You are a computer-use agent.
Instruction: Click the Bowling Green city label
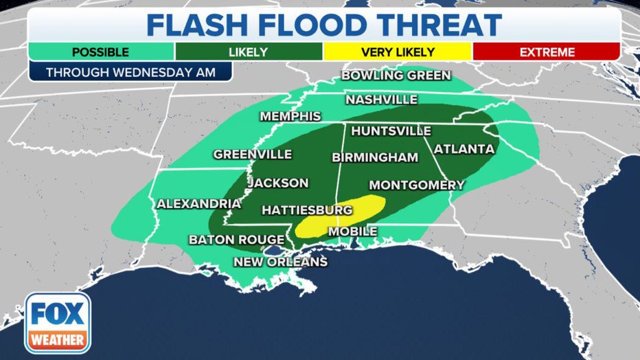click(x=396, y=76)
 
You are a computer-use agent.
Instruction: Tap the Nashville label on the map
click(x=381, y=100)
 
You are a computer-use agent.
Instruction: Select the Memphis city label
click(x=290, y=116)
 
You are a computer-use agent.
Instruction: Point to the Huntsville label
click(x=391, y=131)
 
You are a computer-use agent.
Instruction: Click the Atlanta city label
click(x=464, y=148)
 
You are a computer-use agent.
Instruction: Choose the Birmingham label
click(x=375, y=157)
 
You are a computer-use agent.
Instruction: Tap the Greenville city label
click(x=252, y=155)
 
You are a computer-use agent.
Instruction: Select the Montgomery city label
click(x=416, y=185)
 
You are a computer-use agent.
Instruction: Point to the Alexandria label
click(x=199, y=203)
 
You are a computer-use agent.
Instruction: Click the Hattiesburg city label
click(x=307, y=210)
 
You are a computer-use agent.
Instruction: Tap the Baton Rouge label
click(x=236, y=240)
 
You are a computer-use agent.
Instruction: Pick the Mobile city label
click(x=352, y=232)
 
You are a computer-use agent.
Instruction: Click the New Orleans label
click(x=280, y=262)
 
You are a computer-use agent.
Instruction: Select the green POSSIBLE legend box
click(x=101, y=52)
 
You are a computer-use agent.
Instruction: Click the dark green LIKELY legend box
click(x=249, y=52)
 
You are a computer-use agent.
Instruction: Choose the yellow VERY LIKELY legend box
click(x=398, y=52)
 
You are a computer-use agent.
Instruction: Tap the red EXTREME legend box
click(x=547, y=52)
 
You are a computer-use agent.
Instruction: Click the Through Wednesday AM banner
click(x=130, y=71)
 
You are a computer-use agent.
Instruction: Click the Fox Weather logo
click(x=58, y=322)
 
